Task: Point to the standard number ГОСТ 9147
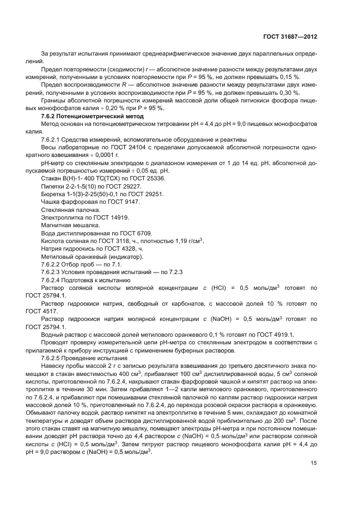click(x=123, y=202)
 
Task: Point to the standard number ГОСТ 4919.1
click(x=279, y=335)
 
